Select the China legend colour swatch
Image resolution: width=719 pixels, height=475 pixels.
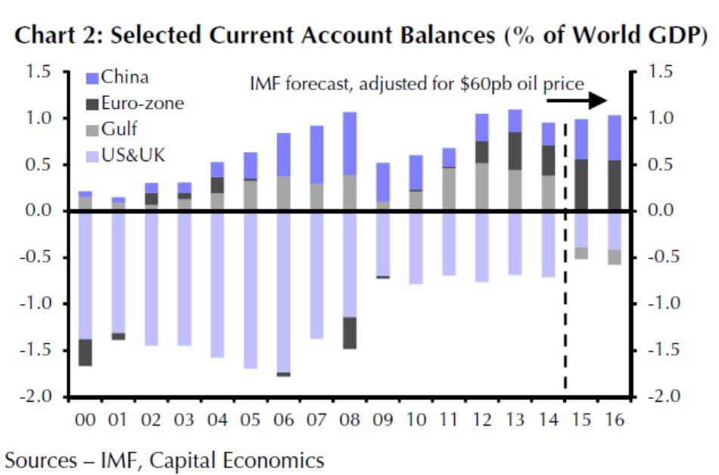click(94, 77)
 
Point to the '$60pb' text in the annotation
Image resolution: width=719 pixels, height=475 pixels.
click(481, 84)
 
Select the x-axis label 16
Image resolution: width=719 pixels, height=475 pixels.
click(615, 419)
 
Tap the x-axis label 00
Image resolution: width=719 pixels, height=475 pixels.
click(86, 419)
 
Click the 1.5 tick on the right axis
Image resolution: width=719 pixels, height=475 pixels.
click(667, 72)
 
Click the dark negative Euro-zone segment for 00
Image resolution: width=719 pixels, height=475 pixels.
click(86, 352)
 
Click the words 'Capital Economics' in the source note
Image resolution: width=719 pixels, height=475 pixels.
click(251, 459)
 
